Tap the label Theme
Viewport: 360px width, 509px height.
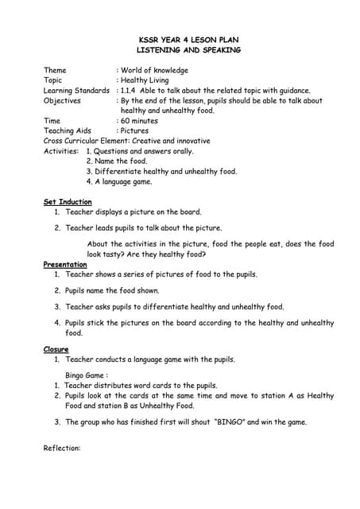coord(56,71)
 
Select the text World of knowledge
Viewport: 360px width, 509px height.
coord(154,71)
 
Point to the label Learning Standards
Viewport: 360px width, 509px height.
coord(76,91)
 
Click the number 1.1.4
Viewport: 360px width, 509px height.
coord(132,91)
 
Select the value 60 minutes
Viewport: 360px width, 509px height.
coord(139,121)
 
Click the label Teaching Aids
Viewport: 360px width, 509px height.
coord(68,130)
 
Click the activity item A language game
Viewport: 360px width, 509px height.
coord(123,181)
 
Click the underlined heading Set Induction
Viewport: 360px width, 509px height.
coord(68,202)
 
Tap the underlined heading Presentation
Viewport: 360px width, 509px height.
coord(65,264)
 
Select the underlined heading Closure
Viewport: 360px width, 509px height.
coord(56,349)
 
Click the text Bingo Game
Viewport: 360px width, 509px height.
coord(86,375)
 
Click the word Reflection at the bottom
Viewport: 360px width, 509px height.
coord(62,449)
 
